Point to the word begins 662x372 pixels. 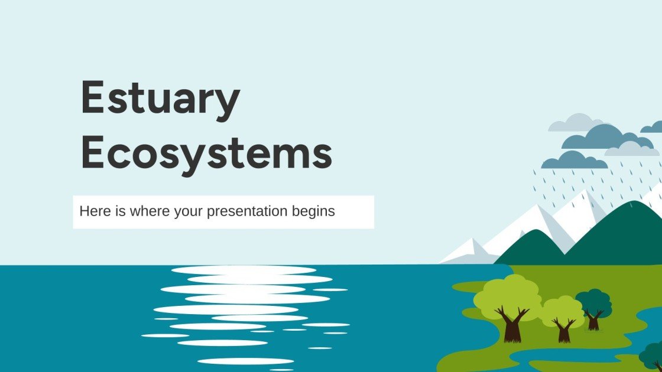pyautogui.click(x=313, y=212)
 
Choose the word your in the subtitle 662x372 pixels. pyautogui.click(x=189, y=212)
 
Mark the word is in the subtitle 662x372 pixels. pyautogui.click(x=121, y=211)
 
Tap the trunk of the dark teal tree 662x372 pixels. pyautogui.click(x=593, y=321)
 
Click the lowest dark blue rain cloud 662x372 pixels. pyautogui.click(x=574, y=160)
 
